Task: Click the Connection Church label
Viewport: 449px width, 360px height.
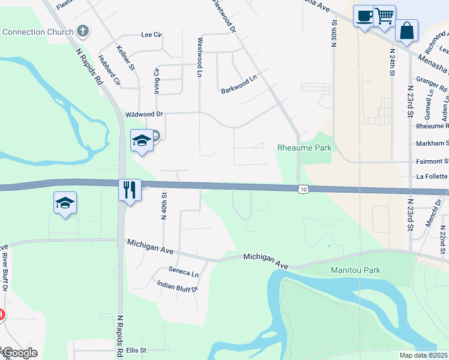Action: (37, 31)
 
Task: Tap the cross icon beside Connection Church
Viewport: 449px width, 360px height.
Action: (83, 31)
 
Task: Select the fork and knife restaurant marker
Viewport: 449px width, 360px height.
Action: (130, 190)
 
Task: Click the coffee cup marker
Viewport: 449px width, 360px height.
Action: (363, 16)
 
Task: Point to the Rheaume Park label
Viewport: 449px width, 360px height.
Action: (304, 148)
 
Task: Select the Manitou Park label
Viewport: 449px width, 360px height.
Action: (356, 270)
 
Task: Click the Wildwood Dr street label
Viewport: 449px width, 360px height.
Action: (144, 114)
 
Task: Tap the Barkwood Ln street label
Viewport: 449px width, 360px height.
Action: (239, 78)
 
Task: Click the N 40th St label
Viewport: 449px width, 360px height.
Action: (163, 206)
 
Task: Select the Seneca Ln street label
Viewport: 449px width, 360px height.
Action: (183, 273)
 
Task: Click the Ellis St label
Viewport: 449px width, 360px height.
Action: (136, 350)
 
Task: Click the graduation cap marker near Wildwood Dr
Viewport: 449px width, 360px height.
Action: (141, 140)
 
